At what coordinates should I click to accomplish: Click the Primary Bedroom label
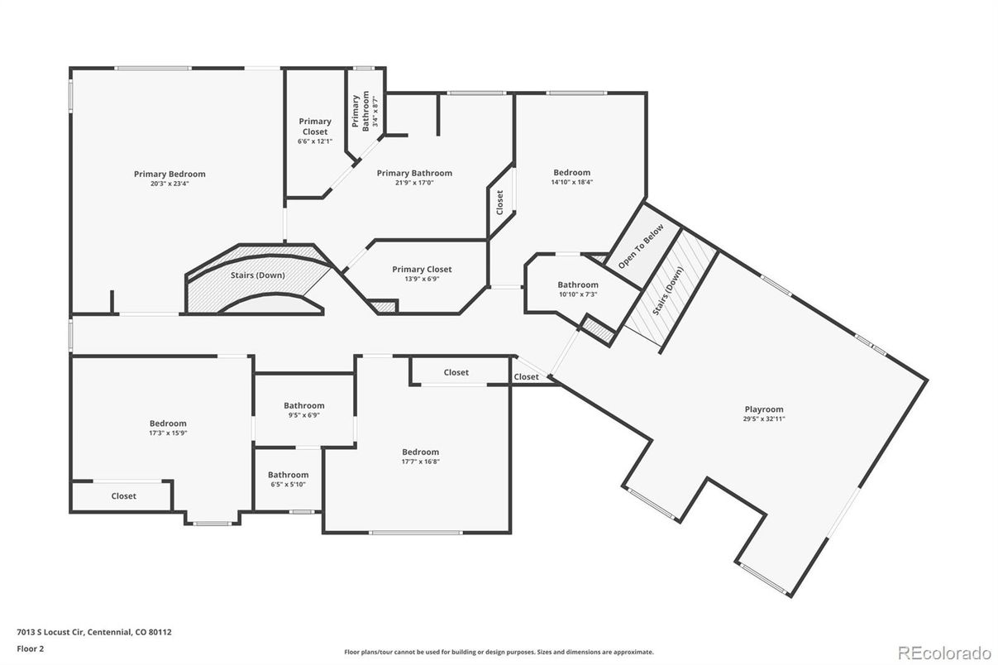coord(170,174)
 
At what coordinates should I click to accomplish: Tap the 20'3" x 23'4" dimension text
coord(170,183)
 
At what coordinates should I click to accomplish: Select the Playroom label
coord(764,409)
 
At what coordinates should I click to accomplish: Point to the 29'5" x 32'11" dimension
coord(764,419)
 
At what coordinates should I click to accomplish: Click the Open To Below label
coord(641,246)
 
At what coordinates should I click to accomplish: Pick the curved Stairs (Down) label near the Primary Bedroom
coord(257,275)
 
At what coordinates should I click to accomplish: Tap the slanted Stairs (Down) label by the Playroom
coord(667,291)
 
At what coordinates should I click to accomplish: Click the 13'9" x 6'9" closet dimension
coord(422,279)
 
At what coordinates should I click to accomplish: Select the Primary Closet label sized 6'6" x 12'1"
coord(315,127)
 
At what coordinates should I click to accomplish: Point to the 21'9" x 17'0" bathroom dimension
coord(414,182)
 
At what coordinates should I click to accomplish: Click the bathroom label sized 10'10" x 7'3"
coord(578,285)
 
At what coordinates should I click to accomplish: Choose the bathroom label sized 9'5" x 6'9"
coord(303,405)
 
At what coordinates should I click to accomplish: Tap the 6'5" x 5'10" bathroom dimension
coord(288,485)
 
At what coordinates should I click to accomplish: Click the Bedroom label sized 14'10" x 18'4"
coord(572,173)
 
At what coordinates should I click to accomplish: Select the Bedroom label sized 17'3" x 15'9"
coord(168,423)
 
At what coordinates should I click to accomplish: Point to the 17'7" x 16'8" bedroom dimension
coord(421,462)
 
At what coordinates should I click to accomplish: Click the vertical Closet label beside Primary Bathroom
coord(499,203)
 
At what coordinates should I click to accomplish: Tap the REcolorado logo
coord(944,653)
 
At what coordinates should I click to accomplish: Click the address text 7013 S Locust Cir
coord(50,632)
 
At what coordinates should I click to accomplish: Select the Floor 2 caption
coord(31,648)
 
